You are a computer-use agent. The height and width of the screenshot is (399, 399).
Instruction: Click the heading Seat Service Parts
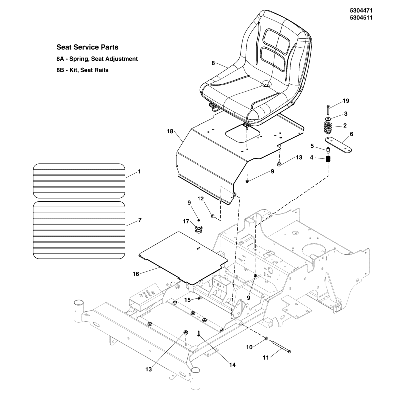pos(87,48)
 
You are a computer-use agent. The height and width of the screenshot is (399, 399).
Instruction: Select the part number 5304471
pos(361,10)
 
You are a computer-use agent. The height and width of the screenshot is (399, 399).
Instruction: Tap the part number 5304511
pos(361,18)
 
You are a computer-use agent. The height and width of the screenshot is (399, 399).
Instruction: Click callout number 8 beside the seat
pos(213,63)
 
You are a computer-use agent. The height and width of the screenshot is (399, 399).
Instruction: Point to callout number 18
pos(170,131)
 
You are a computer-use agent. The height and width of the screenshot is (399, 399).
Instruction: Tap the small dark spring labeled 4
pos(329,159)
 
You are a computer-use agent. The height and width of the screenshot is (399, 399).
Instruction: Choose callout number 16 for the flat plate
pos(135,274)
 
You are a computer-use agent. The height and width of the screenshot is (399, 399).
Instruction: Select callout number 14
pos(232,365)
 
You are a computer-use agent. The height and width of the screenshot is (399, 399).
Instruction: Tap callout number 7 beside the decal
pos(140,220)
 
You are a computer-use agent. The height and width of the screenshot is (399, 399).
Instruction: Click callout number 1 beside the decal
pos(139,171)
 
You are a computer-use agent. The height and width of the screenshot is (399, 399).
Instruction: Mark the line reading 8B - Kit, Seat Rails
pos(82,70)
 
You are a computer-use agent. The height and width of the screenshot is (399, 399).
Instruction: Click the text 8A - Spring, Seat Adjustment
pos(97,59)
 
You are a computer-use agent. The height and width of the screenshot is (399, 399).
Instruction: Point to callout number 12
pos(201,199)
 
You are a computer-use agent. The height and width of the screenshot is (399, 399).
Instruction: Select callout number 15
pos(188,300)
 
